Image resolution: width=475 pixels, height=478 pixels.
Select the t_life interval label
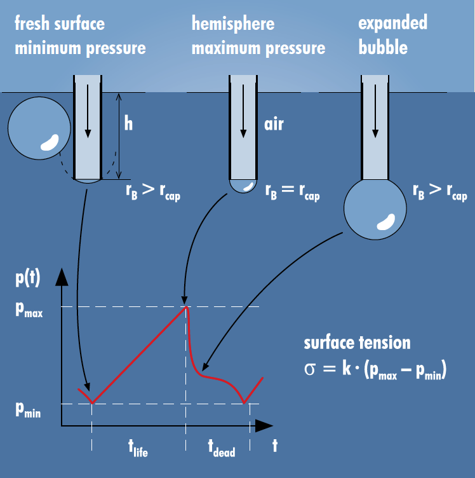(134, 449)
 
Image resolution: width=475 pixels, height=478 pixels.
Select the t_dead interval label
(221, 449)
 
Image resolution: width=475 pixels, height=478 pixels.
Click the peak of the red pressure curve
(186, 307)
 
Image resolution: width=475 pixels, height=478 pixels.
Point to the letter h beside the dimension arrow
(128, 123)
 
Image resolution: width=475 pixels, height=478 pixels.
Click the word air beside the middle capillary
(274, 123)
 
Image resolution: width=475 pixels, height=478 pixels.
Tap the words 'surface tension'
(357, 343)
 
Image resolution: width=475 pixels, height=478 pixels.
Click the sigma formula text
(375, 371)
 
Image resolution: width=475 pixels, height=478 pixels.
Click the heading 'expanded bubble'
(392, 35)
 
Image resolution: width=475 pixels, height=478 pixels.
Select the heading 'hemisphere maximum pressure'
(258, 35)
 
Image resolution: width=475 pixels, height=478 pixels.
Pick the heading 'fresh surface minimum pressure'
(79, 35)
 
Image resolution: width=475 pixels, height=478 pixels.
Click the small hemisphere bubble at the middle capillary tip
(243, 186)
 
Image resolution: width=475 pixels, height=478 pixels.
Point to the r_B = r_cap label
(292, 193)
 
